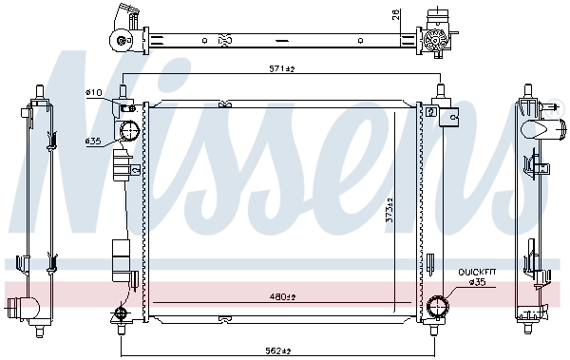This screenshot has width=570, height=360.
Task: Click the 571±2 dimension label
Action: coord(281,68)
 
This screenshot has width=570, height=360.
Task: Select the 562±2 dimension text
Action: coord(278,351)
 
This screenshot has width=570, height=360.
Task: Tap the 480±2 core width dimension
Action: coord(282,297)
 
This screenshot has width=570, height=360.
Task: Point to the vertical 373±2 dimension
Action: coord(389,210)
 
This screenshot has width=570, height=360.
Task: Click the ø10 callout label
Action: coord(94,92)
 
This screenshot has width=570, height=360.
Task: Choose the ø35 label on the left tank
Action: coord(93,142)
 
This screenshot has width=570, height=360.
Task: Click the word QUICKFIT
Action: coord(477,272)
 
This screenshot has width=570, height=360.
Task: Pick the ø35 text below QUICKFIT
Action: coord(477,281)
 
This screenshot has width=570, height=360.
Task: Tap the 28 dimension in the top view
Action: coord(396,14)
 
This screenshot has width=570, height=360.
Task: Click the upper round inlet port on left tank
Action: coord(129,131)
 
